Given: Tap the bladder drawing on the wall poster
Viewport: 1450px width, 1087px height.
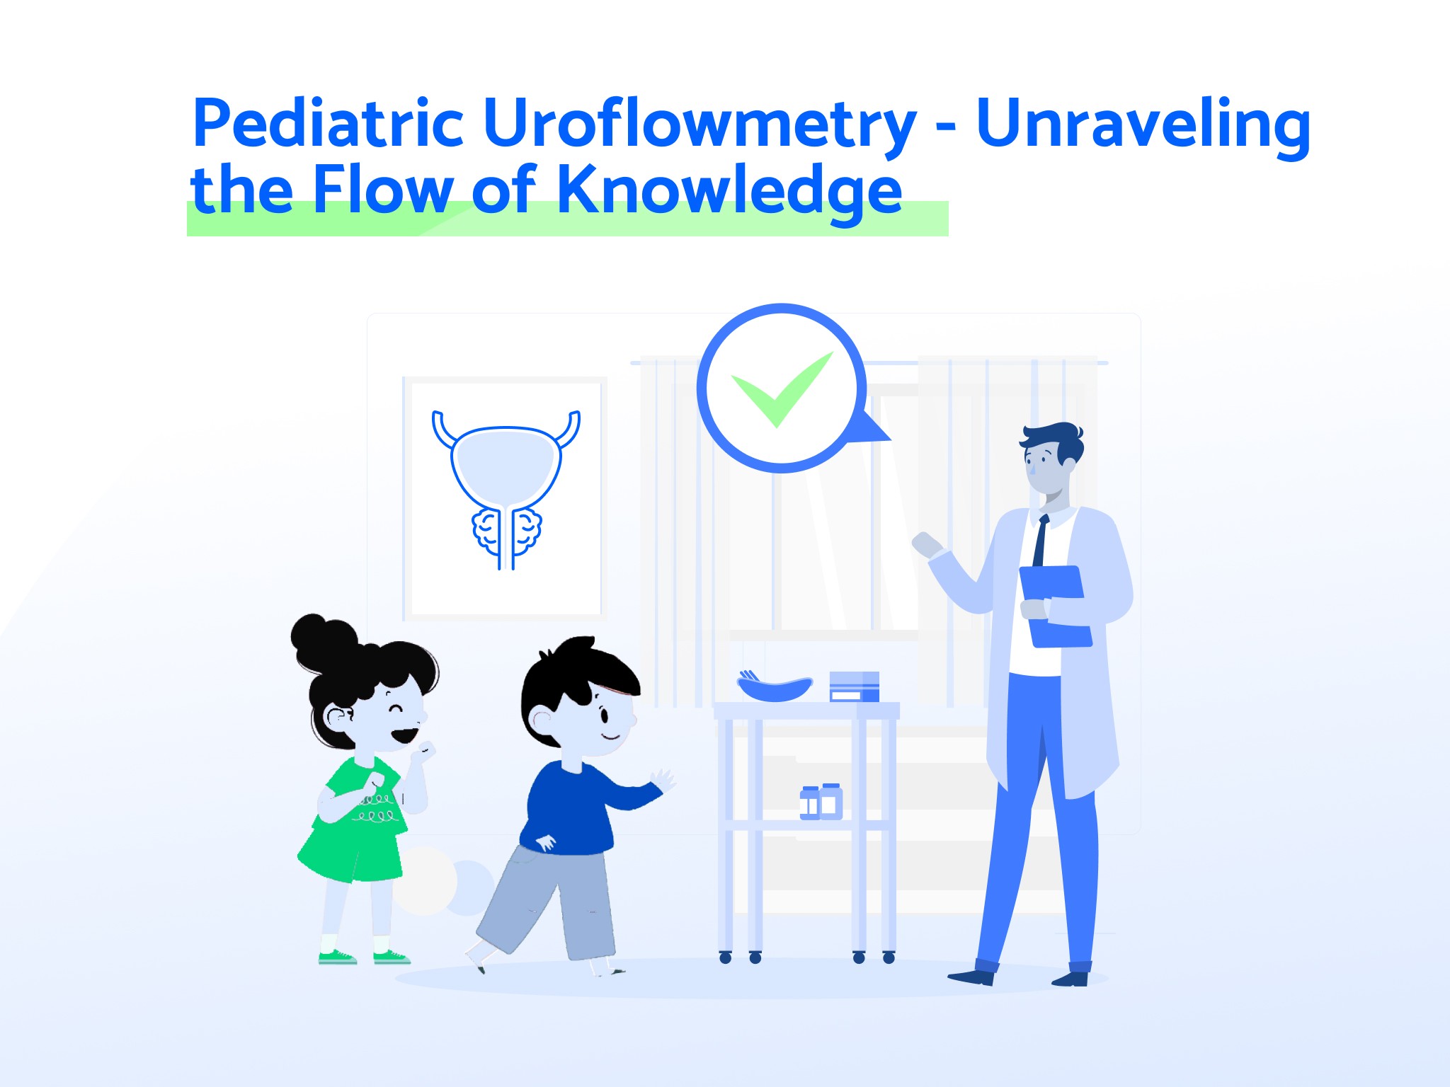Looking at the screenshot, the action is click(506, 488).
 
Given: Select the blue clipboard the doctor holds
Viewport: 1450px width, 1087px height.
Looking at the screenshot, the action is click(1054, 607).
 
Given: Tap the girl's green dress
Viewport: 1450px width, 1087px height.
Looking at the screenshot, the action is click(354, 824).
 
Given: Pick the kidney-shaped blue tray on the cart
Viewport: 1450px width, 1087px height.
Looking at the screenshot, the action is click(775, 688).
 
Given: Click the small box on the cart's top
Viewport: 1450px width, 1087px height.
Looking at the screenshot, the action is click(854, 686).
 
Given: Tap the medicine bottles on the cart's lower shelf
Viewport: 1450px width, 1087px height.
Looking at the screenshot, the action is click(821, 802).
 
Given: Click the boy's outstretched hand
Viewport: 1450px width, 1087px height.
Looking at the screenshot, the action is click(663, 780).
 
